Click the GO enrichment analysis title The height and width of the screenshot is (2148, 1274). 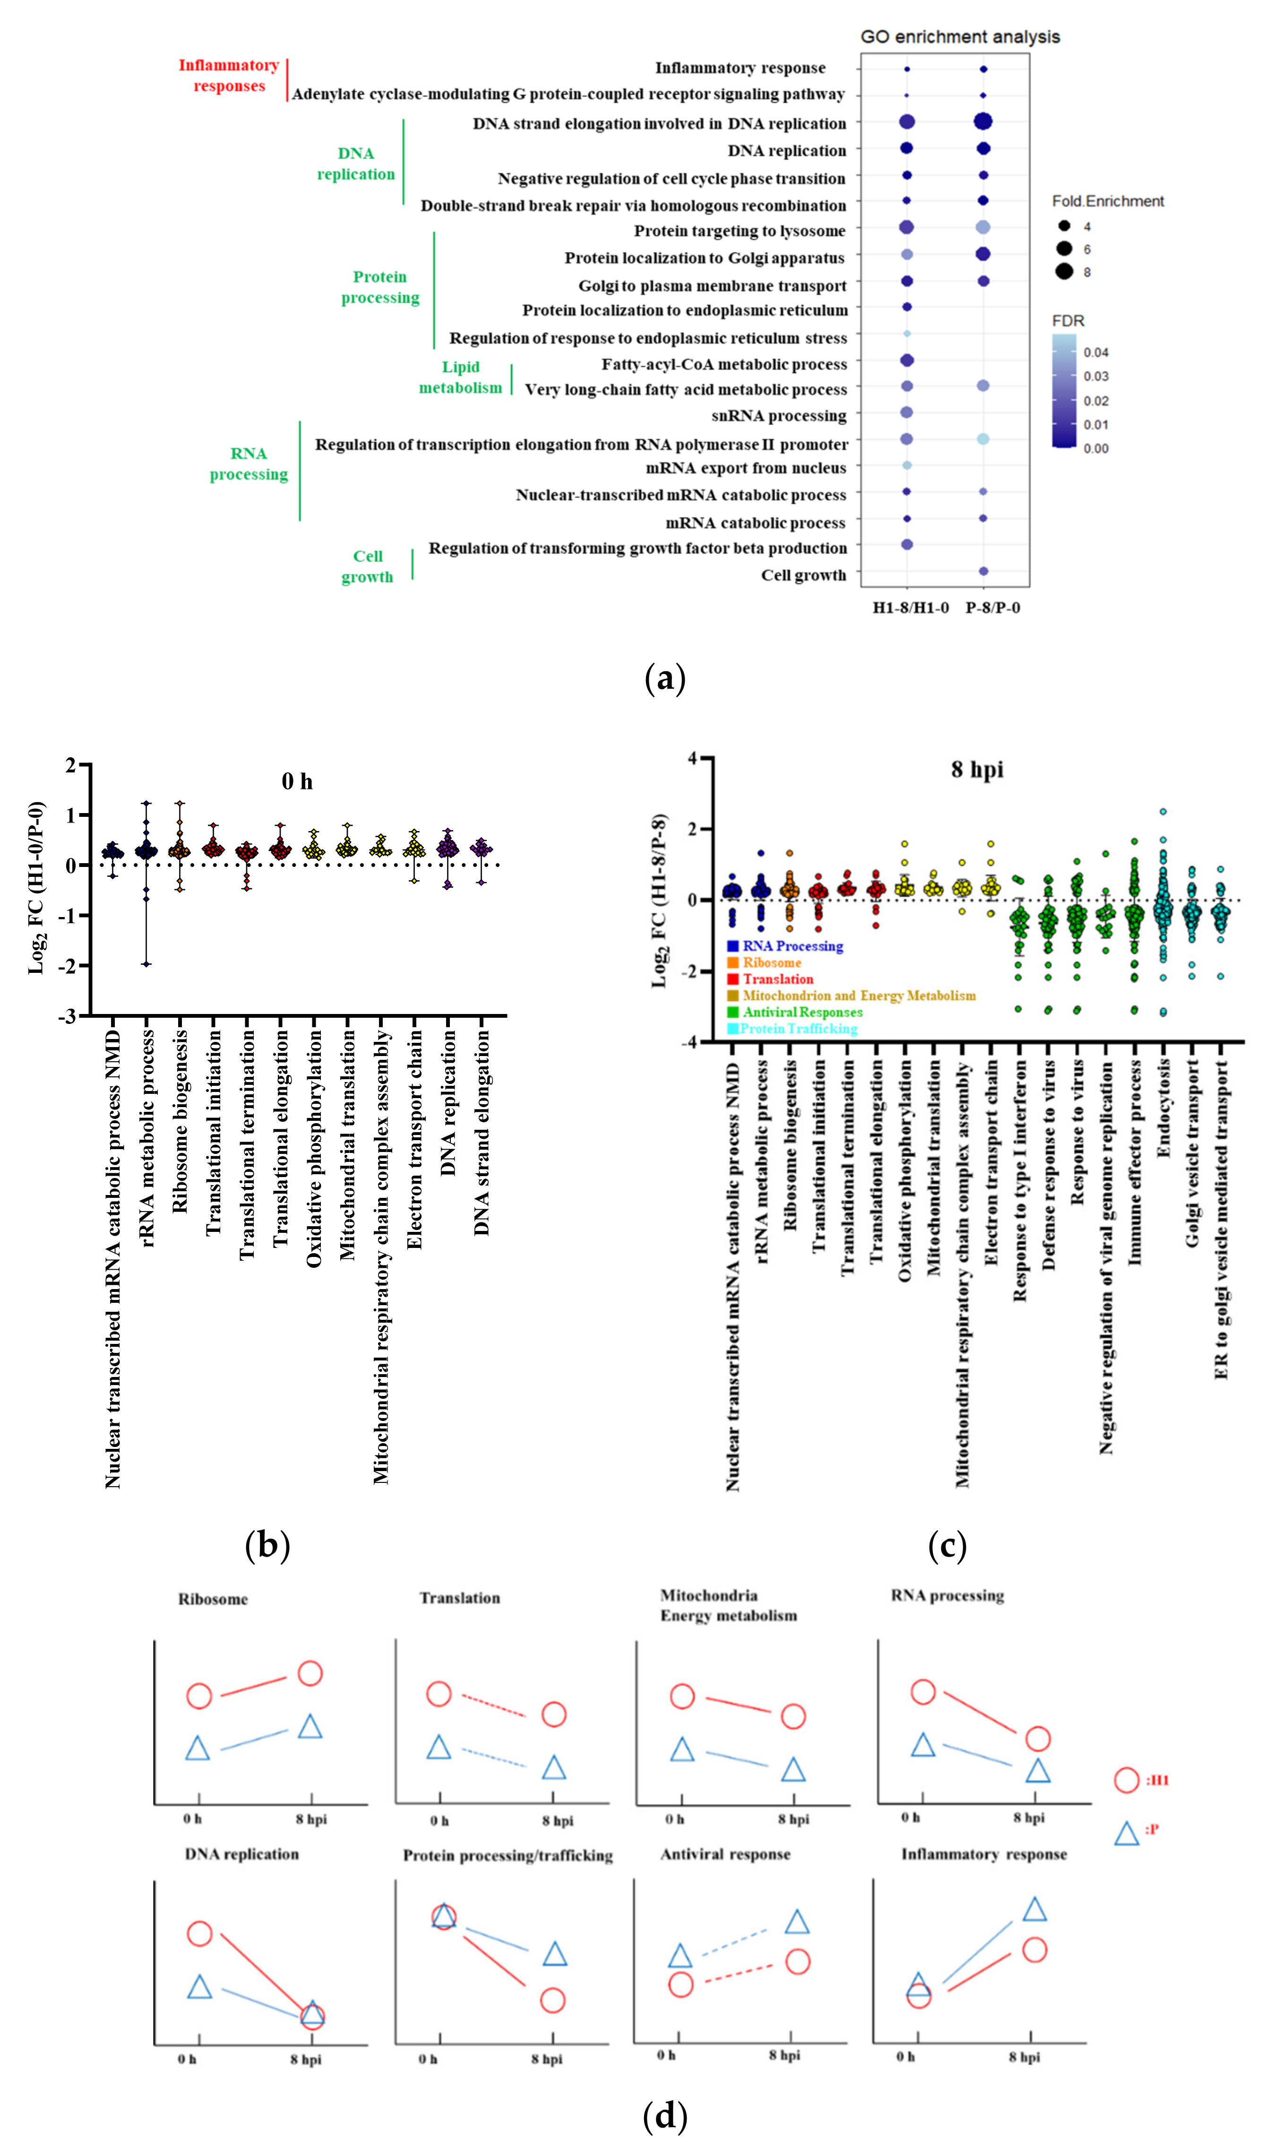point(960,37)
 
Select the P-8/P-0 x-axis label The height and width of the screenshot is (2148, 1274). point(992,608)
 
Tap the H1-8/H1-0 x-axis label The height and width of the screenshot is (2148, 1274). point(911,608)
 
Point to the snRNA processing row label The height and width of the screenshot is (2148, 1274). point(779,416)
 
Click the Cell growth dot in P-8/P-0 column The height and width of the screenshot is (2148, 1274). point(984,571)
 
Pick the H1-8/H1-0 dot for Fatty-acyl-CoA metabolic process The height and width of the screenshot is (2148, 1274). point(906,361)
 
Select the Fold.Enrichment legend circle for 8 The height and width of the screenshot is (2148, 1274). point(1065,272)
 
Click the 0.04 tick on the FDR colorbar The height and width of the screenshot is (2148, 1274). point(1095,352)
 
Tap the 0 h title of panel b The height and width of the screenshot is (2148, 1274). point(297,781)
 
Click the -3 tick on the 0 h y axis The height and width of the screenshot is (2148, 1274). point(67,1016)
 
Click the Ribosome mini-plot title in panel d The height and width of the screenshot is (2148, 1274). point(213,1599)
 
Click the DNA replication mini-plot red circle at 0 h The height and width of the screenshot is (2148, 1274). point(199,1933)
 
